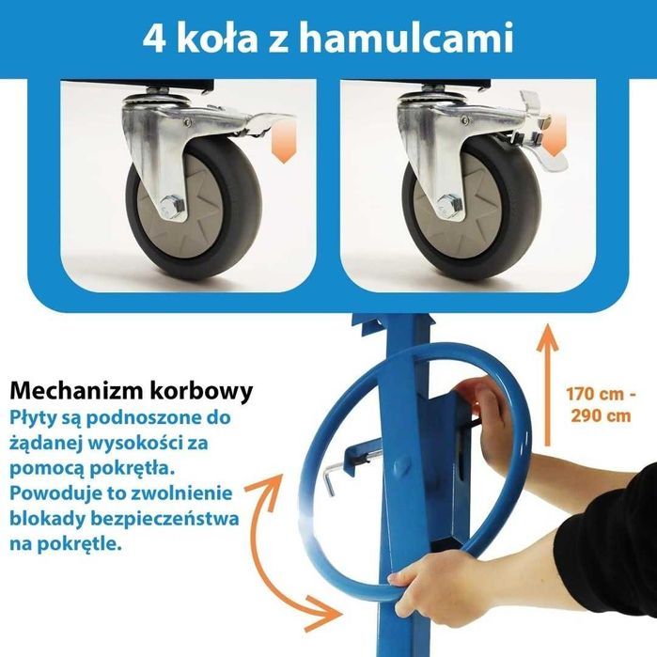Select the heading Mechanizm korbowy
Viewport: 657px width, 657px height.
pos(130,390)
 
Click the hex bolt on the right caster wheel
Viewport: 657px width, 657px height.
pos(449,204)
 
